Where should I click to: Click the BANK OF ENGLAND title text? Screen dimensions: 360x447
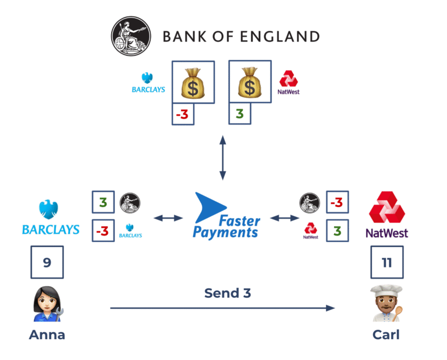click(241, 37)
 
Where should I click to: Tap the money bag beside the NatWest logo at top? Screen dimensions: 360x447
click(250, 82)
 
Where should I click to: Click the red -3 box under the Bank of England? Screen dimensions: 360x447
click(182, 115)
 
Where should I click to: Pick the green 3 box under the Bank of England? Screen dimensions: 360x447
click(239, 115)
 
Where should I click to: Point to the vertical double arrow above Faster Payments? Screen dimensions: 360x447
click(222, 158)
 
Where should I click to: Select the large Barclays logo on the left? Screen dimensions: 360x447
click(51, 218)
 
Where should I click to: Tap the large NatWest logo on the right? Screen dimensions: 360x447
click(386, 215)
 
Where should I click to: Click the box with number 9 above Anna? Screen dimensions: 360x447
click(47, 262)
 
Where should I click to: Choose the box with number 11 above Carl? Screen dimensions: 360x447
click(387, 262)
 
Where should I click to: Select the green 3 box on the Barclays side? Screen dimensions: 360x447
click(103, 202)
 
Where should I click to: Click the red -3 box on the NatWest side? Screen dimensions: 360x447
click(337, 202)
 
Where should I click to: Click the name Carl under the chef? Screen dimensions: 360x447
click(386, 335)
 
